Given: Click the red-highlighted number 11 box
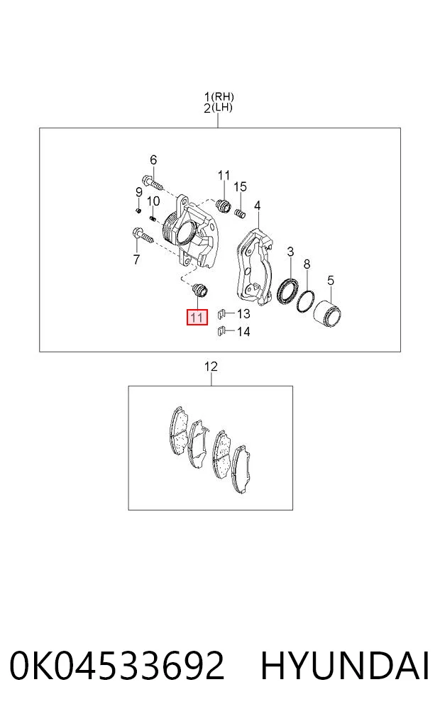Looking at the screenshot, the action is point(197,318).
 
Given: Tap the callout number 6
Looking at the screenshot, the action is point(153,160).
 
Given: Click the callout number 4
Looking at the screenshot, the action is point(258,206).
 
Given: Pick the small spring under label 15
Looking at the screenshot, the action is point(240,213).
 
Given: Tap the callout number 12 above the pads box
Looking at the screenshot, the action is point(211,367).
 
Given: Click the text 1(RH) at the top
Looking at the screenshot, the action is point(219,97).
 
